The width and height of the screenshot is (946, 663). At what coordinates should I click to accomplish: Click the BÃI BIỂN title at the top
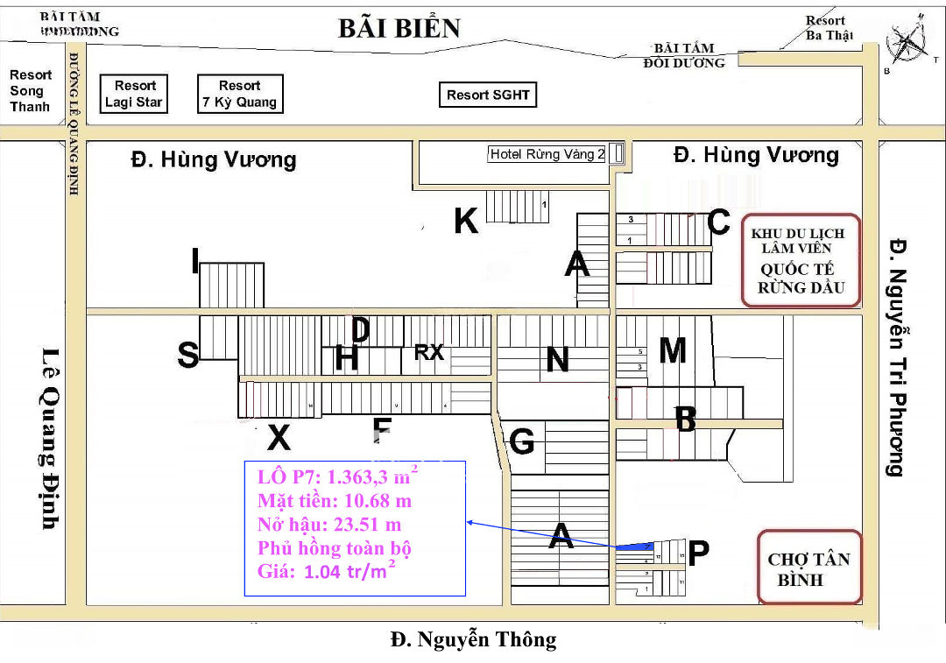(x=399, y=28)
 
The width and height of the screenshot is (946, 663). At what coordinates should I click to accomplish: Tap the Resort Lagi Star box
(x=134, y=94)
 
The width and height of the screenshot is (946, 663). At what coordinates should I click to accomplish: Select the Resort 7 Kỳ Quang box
(x=239, y=94)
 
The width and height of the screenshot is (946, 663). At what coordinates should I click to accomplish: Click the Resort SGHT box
(x=488, y=95)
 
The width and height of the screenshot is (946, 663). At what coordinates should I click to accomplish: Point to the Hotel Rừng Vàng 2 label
(x=547, y=154)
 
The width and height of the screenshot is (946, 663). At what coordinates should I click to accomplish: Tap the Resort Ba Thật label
(x=826, y=28)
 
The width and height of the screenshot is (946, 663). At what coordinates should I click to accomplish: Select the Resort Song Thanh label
(x=30, y=91)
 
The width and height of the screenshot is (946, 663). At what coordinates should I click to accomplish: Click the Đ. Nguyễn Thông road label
(x=473, y=639)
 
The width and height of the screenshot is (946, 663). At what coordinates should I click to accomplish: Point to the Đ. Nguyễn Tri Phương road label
(x=894, y=356)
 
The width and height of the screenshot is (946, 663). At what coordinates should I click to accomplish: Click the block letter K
(x=466, y=222)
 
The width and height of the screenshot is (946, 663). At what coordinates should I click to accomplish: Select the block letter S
(x=187, y=355)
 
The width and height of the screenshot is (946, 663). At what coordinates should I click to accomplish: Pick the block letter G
(x=522, y=441)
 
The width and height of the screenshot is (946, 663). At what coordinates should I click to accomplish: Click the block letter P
(x=698, y=553)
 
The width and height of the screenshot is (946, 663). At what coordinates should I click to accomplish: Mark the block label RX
(x=429, y=352)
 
